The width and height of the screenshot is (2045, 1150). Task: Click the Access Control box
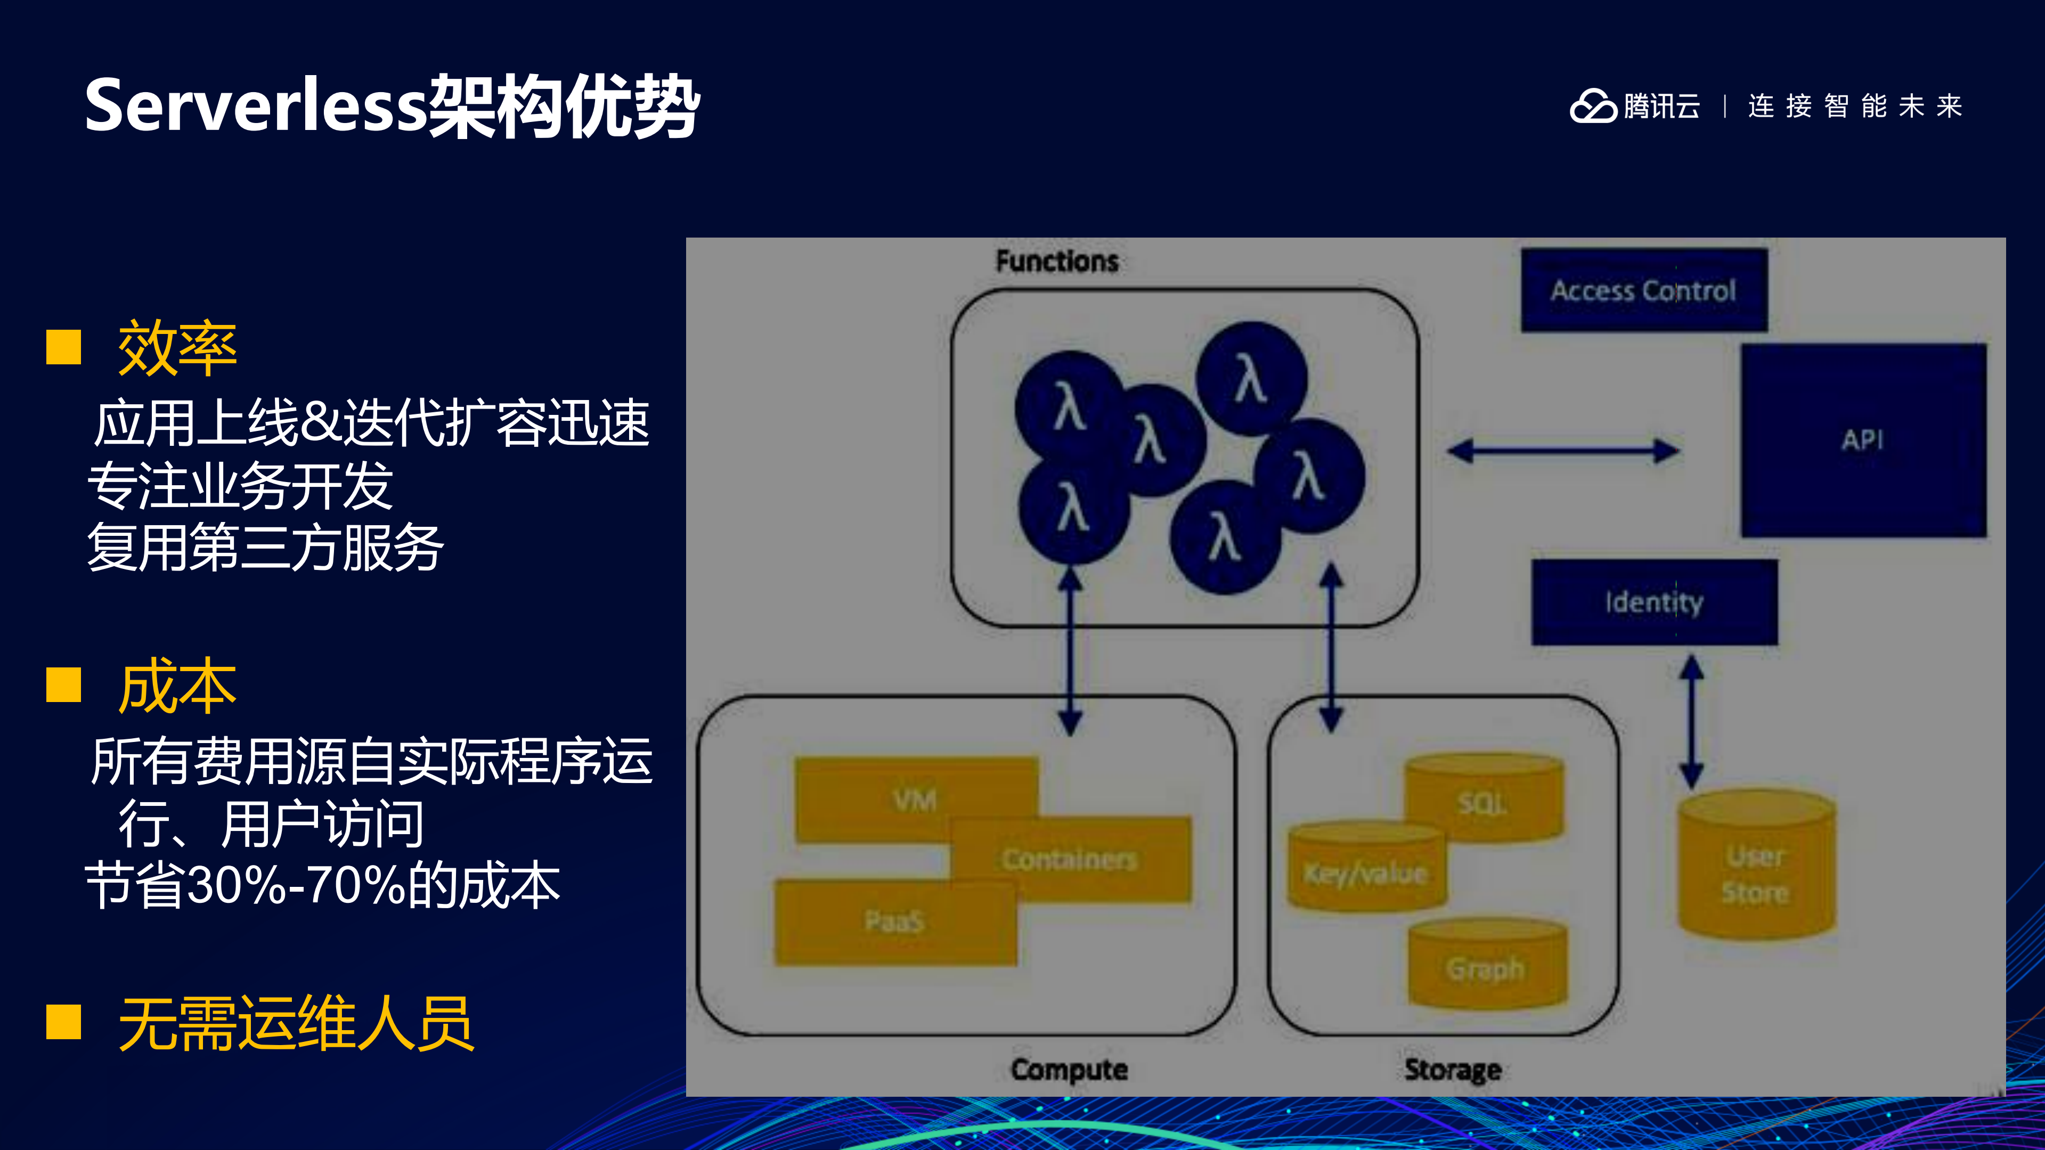1643,290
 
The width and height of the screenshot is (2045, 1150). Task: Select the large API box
1862,441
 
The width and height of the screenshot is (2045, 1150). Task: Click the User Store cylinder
1756,873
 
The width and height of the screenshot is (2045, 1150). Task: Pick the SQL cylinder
1483,802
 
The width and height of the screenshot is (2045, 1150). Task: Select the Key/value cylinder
1365,871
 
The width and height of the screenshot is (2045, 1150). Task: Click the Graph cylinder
1486,967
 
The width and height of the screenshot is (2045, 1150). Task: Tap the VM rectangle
915,798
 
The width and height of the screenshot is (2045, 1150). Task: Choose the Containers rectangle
1070,859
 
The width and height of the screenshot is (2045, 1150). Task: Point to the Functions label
1057,261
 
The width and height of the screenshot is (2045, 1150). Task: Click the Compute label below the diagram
1069,1069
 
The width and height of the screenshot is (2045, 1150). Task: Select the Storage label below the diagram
1452,1069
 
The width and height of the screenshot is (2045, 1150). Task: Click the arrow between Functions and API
1562,451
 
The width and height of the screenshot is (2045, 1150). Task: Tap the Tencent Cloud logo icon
1592,105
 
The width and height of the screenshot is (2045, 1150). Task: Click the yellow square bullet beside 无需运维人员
63,1022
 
